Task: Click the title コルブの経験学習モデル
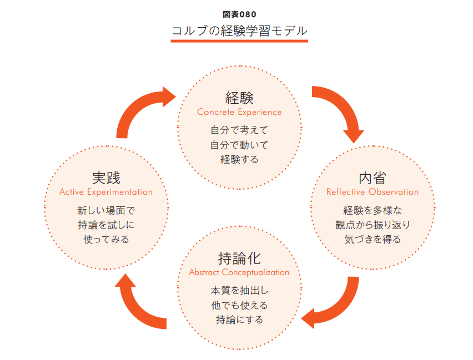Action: point(239,31)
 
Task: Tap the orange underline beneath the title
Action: point(239,42)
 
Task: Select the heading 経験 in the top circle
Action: point(239,98)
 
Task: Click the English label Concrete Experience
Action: point(239,112)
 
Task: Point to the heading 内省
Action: point(373,178)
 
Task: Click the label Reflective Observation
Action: point(373,192)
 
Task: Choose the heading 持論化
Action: point(239,258)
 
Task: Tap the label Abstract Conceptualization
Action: point(239,272)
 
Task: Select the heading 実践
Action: point(106,178)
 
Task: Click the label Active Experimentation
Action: point(106,192)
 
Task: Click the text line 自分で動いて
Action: point(239,145)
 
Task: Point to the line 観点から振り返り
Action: point(373,225)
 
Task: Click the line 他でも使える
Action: point(239,305)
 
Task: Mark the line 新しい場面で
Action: point(106,211)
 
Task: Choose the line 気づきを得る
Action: point(373,240)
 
